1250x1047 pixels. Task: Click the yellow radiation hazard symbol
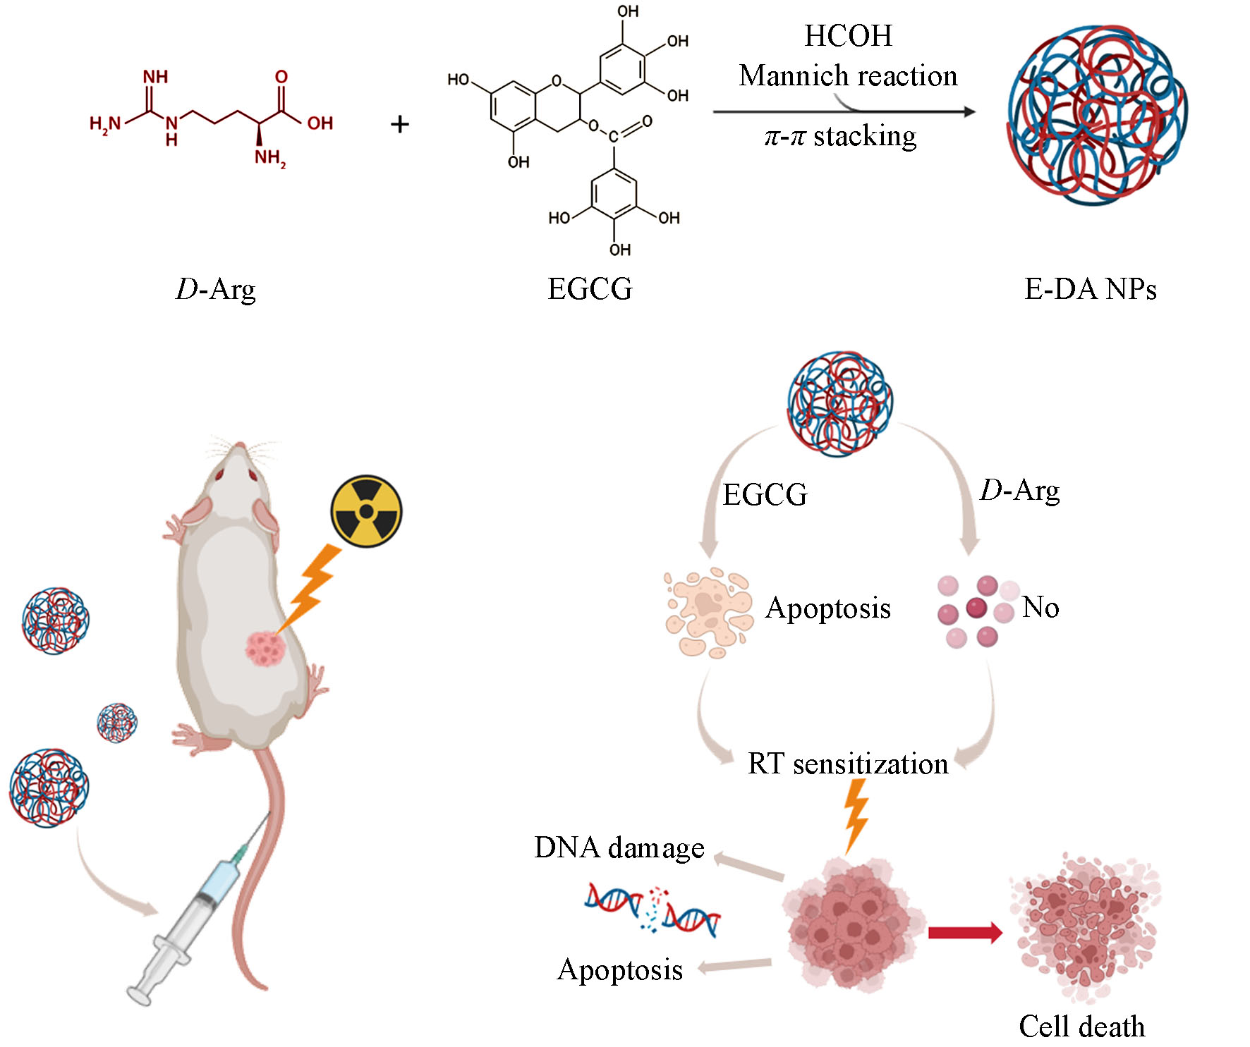(x=366, y=511)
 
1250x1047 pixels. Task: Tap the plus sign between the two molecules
(x=400, y=125)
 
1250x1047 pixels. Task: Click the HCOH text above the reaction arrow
(x=848, y=36)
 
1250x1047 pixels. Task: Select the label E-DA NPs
(x=1090, y=289)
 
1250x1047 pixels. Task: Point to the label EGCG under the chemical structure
(x=590, y=289)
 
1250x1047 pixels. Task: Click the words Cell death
(x=1081, y=1027)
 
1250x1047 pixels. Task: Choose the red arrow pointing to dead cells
(x=964, y=933)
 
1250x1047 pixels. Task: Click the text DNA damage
(x=619, y=847)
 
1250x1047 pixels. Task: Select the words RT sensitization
(x=848, y=764)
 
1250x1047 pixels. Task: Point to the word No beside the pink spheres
(x=1040, y=607)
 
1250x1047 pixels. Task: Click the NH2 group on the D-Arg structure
(x=270, y=157)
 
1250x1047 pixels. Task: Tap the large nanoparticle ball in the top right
(x=1097, y=115)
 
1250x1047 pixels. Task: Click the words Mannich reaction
(x=848, y=76)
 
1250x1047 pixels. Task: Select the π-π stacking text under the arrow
(x=841, y=136)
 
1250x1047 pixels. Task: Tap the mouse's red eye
(x=220, y=474)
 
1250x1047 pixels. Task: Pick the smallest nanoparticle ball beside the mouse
(x=117, y=723)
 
